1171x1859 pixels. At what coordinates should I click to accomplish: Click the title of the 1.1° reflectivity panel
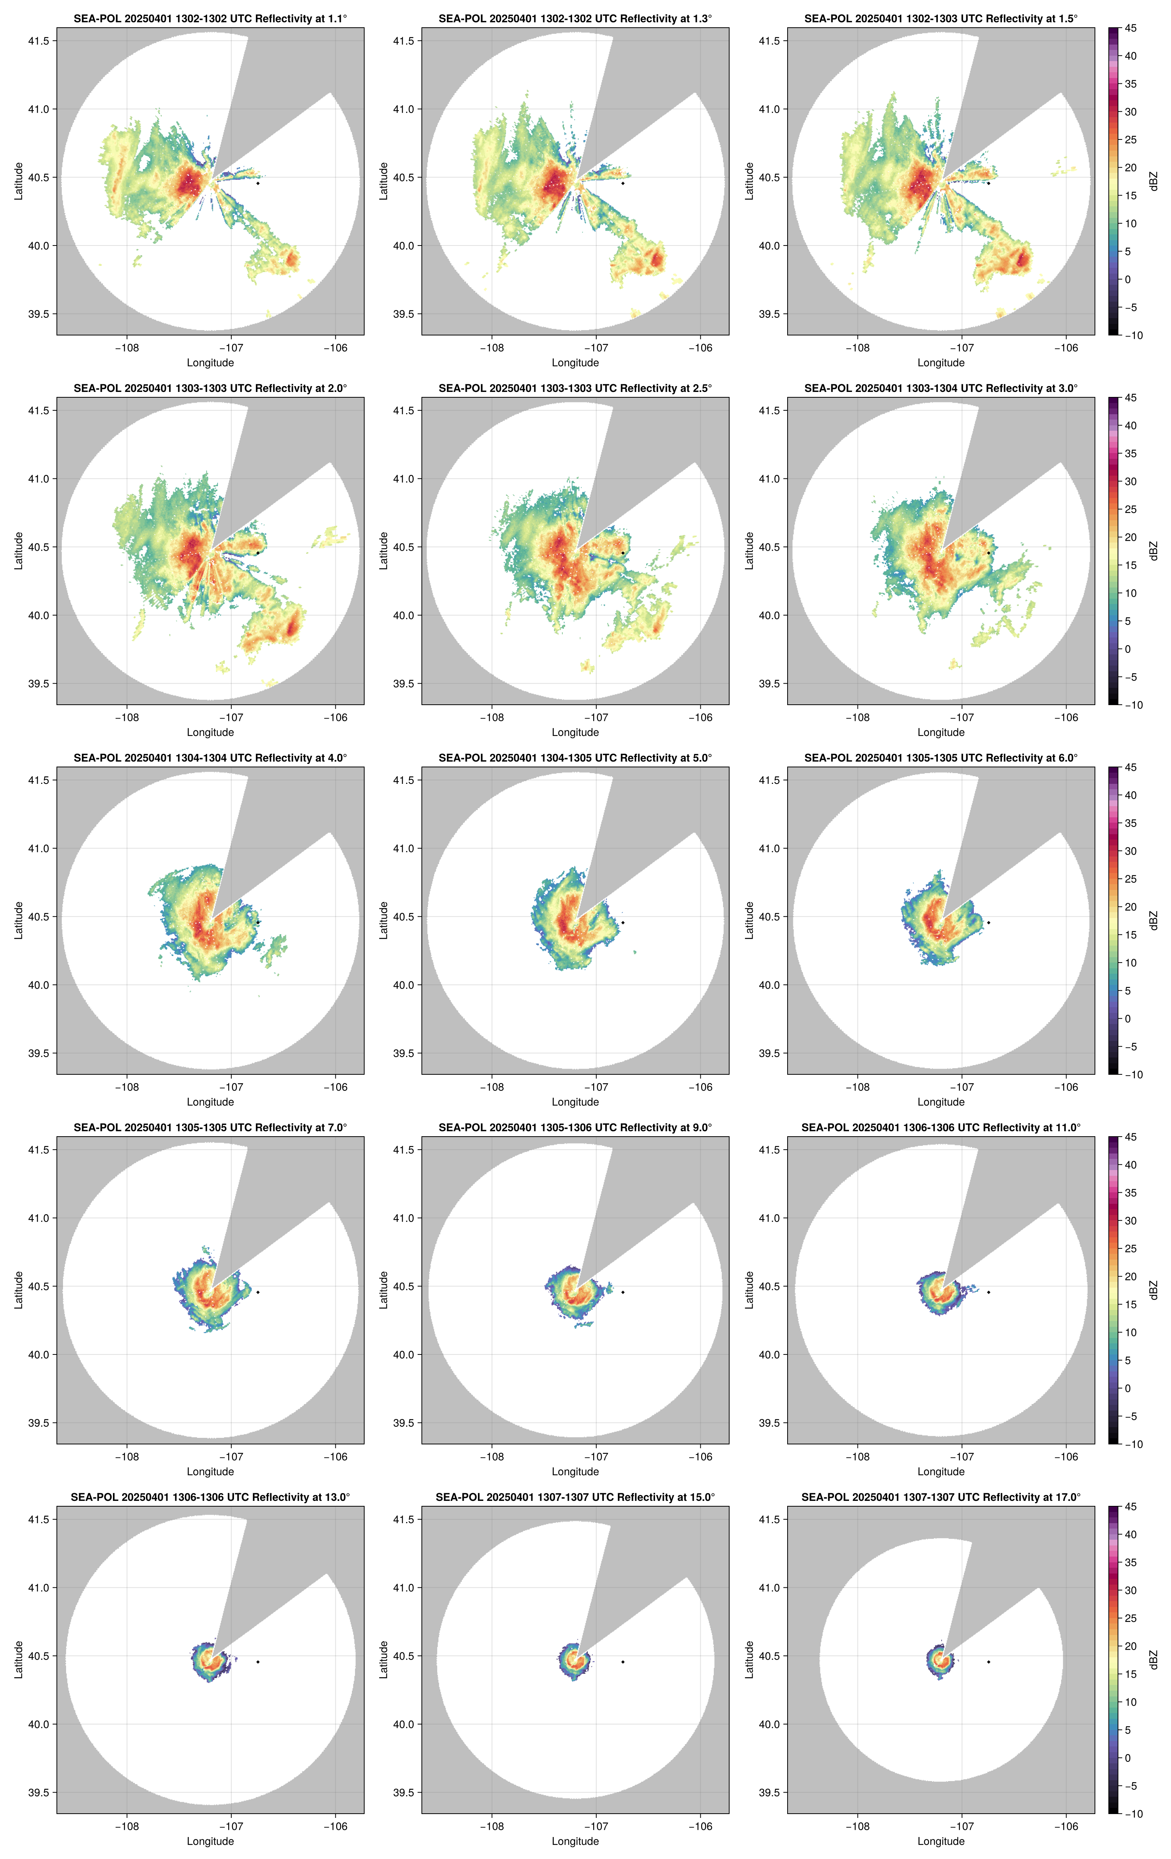click(x=210, y=18)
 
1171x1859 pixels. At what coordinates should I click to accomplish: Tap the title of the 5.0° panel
click(x=575, y=758)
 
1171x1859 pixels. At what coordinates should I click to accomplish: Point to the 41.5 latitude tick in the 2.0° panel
click(x=38, y=411)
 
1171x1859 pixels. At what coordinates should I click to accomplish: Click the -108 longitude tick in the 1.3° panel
click(x=492, y=348)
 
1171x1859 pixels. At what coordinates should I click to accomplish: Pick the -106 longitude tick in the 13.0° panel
click(x=335, y=1827)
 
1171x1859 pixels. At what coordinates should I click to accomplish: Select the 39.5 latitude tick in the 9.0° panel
click(x=404, y=1423)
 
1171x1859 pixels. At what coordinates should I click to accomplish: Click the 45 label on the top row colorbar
click(x=1130, y=28)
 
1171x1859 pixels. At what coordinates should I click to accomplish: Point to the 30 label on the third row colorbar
click(x=1130, y=851)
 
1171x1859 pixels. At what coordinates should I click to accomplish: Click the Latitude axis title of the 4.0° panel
click(x=18, y=920)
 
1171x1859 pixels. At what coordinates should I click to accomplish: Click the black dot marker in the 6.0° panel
click(x=988, y=923)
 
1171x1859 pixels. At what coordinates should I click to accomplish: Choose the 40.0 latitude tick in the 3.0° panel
click(x=770, y=615)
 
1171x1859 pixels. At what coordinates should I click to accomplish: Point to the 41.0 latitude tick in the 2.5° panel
click(x=404, y=479)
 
